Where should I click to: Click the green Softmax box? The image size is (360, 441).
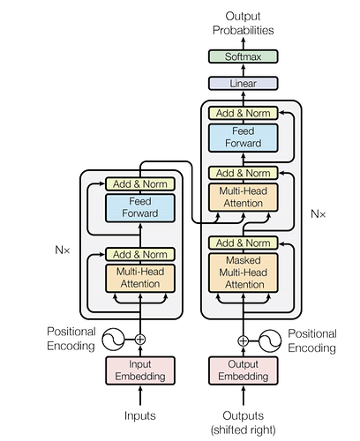click(243, 56)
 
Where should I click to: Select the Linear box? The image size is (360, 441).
click(243, 84)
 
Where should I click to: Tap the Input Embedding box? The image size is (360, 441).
click(140, 370)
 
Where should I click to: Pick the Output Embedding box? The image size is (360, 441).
click(243, 370)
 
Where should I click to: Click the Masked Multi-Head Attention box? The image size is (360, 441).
click(243, 273)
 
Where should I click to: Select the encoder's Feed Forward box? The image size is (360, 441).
click(140, 208)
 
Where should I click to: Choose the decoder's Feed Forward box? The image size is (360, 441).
click(243, 138)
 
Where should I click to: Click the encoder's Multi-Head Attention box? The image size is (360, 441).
click(140, 278)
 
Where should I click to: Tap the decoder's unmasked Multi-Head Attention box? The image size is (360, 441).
click(243, 198)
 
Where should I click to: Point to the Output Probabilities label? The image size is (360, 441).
click(243, 23)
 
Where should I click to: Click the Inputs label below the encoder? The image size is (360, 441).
click(140, 415)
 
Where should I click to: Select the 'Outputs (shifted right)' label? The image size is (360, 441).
click(243, 422)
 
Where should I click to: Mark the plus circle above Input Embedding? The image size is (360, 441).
click(140, 340)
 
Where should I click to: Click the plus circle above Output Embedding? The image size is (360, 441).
click(243, 341)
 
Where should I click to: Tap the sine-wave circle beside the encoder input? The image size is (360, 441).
click(113, 340)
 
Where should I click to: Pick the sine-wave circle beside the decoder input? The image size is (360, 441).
click(270, 341)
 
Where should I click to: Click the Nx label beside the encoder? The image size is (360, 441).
click(63, 250)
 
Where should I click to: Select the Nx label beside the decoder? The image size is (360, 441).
click(319, 214)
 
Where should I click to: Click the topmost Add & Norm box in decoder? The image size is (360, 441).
click(243, 113)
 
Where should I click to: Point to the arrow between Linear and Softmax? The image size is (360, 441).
click(243, 70)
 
